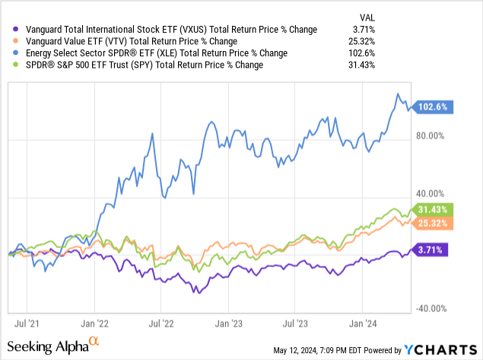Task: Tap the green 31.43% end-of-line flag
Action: [434, 209]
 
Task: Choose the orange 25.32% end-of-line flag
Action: [434, 223]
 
